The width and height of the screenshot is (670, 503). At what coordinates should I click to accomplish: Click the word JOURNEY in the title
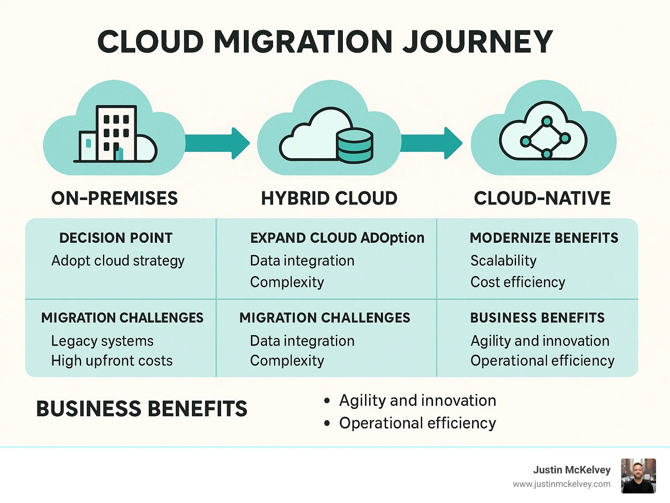tap(477, 42)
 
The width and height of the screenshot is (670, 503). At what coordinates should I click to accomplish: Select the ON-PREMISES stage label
tap(115, 198)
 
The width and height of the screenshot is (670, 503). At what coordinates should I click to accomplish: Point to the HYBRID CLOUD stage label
tap(329, 198)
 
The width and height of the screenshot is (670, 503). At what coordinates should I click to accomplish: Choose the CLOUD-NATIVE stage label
tap(542, 198)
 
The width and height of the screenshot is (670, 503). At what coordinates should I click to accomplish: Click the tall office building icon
tap(116, 133)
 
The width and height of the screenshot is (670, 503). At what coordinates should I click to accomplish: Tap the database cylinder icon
tap(355, 146)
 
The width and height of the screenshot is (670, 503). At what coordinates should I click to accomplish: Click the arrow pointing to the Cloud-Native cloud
tap(431, 143)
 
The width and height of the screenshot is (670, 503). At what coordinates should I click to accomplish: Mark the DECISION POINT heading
tap(116, 238)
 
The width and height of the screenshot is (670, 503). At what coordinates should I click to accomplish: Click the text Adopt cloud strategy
tap(118, 261)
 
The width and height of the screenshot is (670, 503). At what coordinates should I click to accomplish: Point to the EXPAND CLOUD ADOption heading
tap(337, 238)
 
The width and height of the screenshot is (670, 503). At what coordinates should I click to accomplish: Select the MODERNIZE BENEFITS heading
tap(544, 238)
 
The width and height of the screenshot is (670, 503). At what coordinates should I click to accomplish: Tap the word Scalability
tap(503, 261)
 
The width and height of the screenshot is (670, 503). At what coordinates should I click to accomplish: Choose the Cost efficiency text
tap(518, 282)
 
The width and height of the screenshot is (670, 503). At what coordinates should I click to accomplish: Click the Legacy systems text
tap(102, 341)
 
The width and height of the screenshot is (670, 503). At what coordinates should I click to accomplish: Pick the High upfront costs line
tap(112, 361)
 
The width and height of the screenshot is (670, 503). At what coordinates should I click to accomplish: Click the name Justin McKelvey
tap(571, 470)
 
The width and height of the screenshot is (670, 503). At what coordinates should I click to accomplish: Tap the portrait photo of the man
tap(638, 476)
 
